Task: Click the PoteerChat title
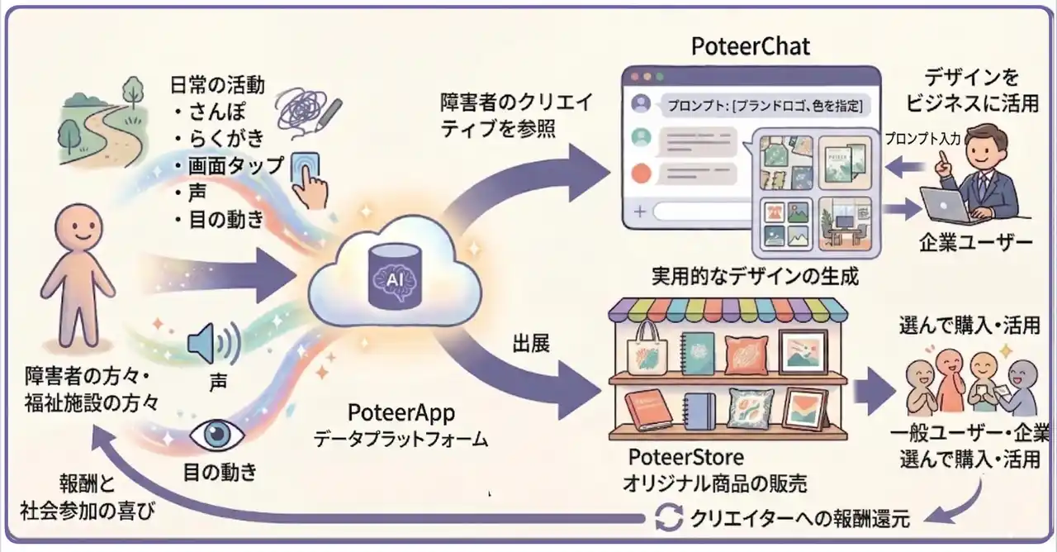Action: click(x=750, y=46)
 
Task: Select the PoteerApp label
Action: click(x=401, y=412)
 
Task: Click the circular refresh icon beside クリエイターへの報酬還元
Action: click(x=666, y=518)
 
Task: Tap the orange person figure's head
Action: click(x=73, y=231)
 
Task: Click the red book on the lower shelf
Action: click(x=651, y=409)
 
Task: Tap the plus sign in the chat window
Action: click(x=638, y=212)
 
